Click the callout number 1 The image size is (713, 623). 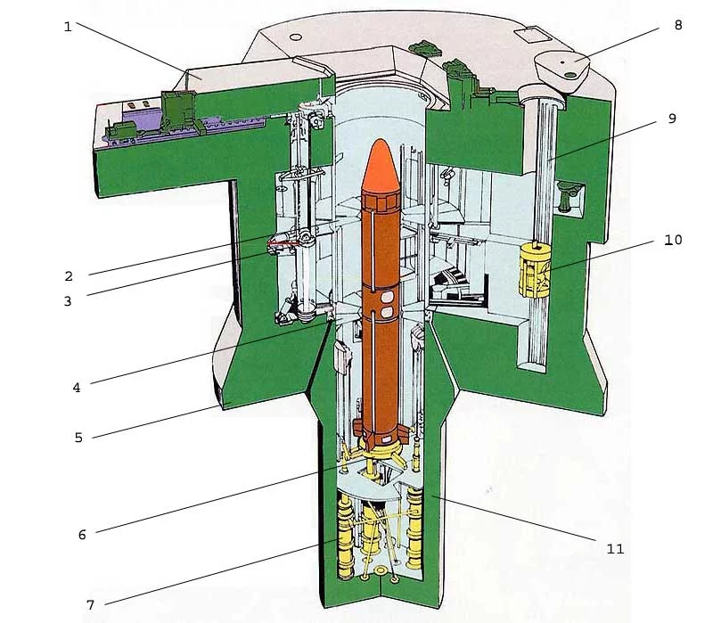(x=68, y=26)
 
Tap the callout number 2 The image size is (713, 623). (x=68, y=275)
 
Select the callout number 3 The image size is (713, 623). (x=68, y=301)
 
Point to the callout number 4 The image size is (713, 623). (x=77, y=387)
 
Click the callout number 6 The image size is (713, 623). (x=82, y=534)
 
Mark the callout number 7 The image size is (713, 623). (x=90, y=604)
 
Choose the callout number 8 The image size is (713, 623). (x=678, y=25)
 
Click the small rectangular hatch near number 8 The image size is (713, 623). (x=529, y=35)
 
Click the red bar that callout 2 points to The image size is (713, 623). (x=283, y=241)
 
